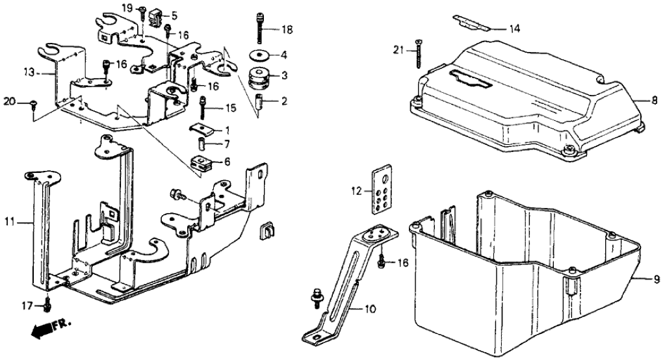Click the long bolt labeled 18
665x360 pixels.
[x=259, y=27]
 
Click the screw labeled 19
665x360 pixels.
[x=141, y=9]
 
